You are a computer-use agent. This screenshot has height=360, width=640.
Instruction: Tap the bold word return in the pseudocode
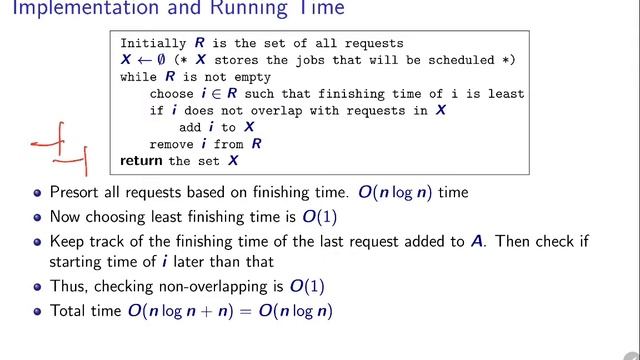142,160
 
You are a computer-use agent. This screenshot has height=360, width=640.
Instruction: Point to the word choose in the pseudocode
172,93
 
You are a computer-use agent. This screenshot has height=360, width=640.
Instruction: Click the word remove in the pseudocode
172,144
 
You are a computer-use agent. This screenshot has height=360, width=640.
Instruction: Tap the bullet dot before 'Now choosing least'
38,216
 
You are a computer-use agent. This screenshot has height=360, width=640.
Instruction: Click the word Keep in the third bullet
65,241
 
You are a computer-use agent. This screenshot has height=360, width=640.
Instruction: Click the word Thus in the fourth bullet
66,287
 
